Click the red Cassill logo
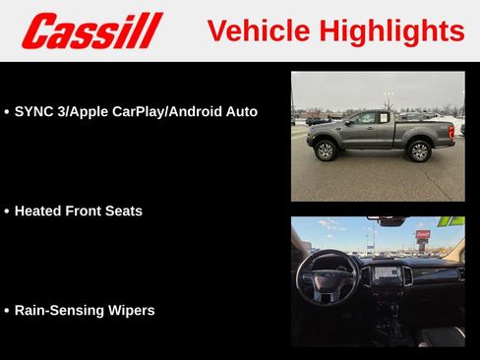(x=91, y=30)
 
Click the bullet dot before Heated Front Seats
(x=7, y=211)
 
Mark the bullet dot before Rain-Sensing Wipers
(x=7, y=311)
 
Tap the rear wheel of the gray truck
(x=420, y=150)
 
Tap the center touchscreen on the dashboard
(x=385, y=273)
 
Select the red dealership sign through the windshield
(x=423, y=236)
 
